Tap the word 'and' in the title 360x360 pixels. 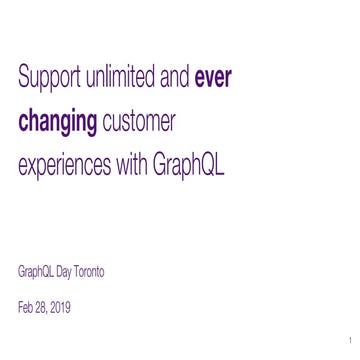click(175, 77)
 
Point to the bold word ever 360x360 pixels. click(213, 77)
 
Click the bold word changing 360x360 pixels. click(58, 123)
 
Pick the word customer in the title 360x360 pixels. click(139, 122)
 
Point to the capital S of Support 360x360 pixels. click(23, 77)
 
